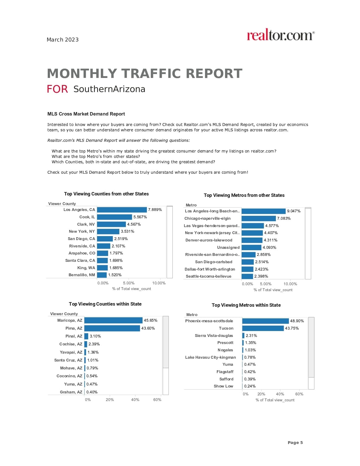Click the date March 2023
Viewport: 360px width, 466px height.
coord(63,40)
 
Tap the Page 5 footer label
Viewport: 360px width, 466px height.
coord(295,443)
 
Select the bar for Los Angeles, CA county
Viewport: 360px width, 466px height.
coord(122,210)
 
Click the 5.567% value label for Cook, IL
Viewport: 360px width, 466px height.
coord(140,217)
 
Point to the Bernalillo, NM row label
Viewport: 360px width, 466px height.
coord(82,275)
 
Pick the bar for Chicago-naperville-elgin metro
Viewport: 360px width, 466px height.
coord(259,218)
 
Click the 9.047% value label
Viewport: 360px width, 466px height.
coord(294,211)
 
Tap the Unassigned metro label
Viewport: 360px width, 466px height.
coord(228,247)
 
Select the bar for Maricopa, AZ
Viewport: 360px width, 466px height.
coord(113,320)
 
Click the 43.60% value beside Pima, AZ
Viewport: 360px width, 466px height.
coord(148,328)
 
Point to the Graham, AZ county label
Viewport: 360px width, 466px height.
coord(71,392)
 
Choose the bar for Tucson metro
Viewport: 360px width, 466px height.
coord(263,328)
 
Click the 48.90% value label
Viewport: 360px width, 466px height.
coord(297,321)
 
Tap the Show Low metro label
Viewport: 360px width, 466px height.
coord(223,386)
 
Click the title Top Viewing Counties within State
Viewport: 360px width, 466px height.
coord(105,304)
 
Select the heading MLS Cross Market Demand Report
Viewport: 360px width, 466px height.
coord(86,114)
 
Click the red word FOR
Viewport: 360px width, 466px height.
coord(57,89)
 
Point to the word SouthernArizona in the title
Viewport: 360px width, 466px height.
coord(109,89)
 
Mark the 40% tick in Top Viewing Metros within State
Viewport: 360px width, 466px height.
coord(280,394)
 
